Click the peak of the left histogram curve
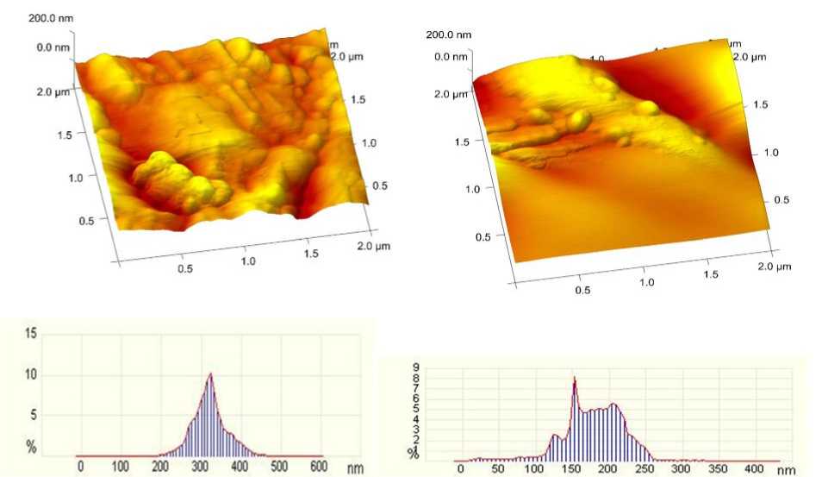[209, 373]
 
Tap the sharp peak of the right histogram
[574, 377]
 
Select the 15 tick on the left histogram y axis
[31, 333]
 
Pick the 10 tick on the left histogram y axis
[31, 374]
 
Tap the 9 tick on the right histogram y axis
[414, 365]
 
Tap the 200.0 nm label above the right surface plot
[449, 35]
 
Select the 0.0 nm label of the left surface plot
[52, 47]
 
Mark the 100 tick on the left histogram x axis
[121, 467]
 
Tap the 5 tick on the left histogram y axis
[34, 415]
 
